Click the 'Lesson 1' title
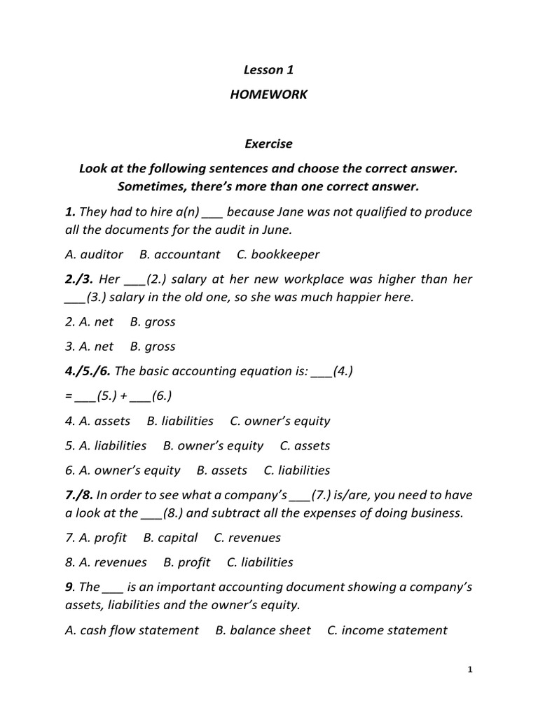(268, 69)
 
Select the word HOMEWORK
(268, 95)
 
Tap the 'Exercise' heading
(268, 144)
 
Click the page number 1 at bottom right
(471, 670)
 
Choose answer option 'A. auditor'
(94, 254)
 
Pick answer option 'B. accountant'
(179, 254)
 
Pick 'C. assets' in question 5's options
(305, 445)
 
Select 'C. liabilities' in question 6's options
(296, 471)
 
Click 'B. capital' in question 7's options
(170, 538)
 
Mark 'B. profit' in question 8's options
(187, 562)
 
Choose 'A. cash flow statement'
(132, 630)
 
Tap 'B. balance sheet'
(263, 630)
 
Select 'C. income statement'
(387, 630)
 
